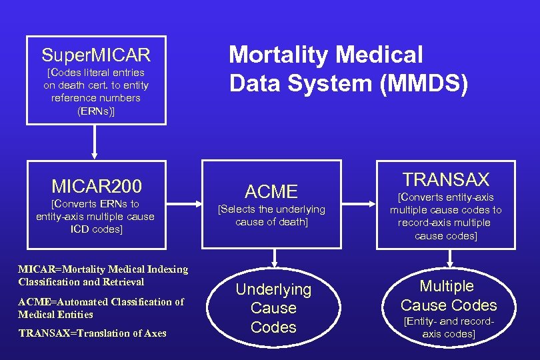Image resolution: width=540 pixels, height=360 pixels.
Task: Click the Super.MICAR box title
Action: (96, 53)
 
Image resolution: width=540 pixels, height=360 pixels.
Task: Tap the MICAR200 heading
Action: (96, 184)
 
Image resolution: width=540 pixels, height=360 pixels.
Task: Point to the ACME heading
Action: (271, 192)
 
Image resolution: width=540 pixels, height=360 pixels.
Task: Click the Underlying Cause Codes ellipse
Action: (273, 308)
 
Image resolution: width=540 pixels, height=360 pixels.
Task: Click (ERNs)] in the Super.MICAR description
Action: (96, 111)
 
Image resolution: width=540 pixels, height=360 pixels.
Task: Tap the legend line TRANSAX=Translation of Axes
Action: (92, 333)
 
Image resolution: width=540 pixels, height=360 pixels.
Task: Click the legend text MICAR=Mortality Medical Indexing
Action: (103, 269)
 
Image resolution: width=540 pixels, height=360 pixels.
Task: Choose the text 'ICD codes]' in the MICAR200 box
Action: (96, 229)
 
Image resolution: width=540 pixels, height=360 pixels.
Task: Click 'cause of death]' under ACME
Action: (271, 222)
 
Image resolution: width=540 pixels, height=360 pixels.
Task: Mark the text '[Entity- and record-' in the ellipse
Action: (449, 322)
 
